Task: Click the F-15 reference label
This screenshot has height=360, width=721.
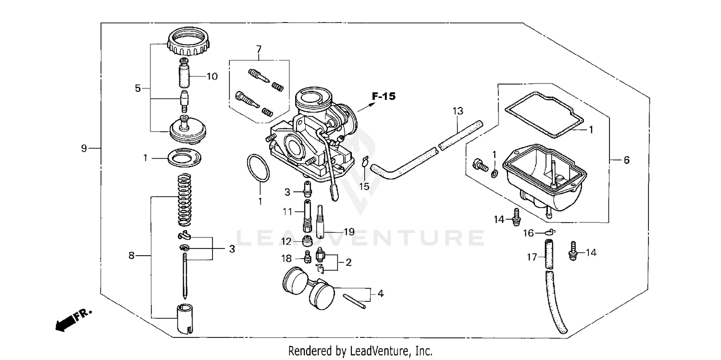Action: coord(384,97)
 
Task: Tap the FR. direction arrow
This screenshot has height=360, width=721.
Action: coord(72,320)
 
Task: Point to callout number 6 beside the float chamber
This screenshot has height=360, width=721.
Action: coord(626,161)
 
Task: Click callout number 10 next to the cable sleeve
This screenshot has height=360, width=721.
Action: coord(212,76)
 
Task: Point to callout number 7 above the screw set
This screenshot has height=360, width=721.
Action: coord(259,49)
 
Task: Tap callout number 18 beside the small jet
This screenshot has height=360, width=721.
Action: coord(286,259)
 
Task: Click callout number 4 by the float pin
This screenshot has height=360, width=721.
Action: coord(380,293)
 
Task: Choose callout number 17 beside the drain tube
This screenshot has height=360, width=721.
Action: coord(531,258)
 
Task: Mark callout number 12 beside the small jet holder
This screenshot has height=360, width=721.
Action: coord(286,241)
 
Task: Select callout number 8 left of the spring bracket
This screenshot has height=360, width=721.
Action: coord(131,256)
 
